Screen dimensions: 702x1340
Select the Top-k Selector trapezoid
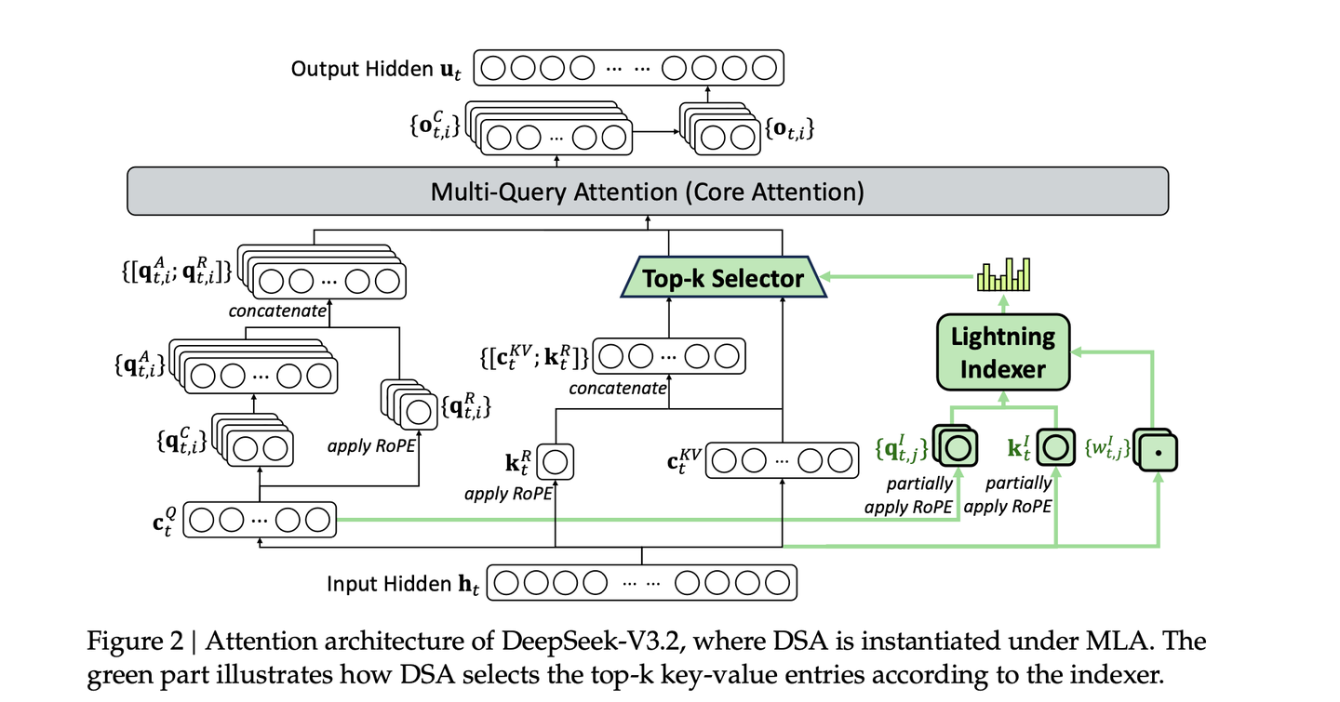tap(725, 278)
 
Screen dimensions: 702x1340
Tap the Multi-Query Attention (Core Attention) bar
tap(647, 192)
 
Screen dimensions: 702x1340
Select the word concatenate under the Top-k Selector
tap(617, 388)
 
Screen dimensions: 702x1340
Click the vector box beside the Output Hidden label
tap(629, 69)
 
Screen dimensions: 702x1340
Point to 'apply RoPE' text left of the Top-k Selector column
tap(508, 494)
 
